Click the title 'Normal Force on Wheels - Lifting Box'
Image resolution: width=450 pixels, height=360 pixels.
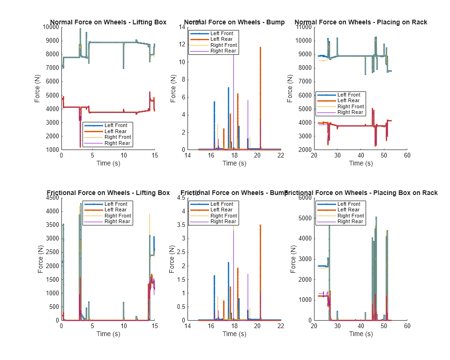[108, 22]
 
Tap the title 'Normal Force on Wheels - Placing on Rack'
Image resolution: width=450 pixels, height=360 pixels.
[360, 22]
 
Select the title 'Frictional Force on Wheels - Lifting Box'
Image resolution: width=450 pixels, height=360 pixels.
[108, 193]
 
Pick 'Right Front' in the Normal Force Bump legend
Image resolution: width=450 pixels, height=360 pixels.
[224, 45]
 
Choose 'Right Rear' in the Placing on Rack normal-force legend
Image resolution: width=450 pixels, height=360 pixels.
[351, 112]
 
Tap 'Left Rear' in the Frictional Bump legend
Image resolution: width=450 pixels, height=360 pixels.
[221, 210]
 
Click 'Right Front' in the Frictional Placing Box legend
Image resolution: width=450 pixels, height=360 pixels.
[351, 216]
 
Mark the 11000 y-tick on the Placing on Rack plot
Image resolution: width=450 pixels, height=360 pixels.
[303, 27]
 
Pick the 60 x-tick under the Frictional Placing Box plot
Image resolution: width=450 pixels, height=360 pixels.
[407, 326]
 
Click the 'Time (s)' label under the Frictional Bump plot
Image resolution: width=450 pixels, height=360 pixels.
[234, 334]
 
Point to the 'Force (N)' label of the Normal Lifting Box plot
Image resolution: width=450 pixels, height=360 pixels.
[37, 89]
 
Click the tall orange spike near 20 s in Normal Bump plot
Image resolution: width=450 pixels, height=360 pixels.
[260, 47]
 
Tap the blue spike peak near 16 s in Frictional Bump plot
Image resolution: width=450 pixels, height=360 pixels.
[214, 276]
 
